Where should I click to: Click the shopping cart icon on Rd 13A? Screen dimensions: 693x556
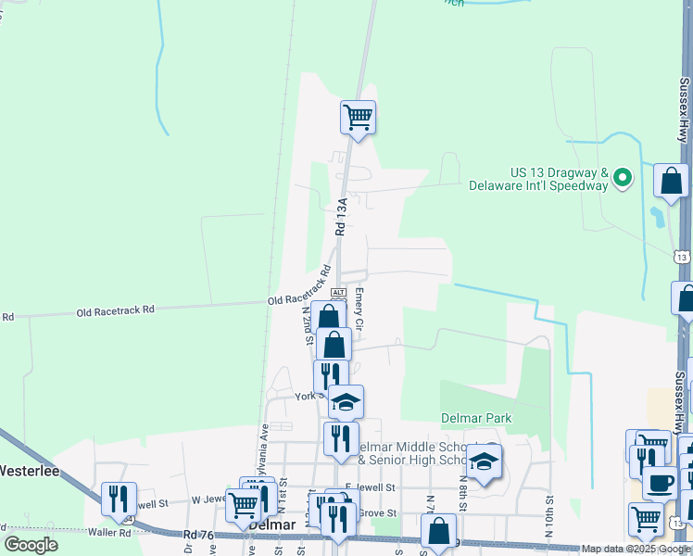coord(357,118)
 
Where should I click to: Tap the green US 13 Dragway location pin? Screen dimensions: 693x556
coord(624,176)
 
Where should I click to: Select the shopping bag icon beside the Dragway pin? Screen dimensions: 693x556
coord(671,182)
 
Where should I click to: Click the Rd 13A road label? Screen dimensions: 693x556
coord(341,217)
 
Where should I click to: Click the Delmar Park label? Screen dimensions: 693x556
coord(476,418)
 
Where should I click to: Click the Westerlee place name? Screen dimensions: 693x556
coord(30,471)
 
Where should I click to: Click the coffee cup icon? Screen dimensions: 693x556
coord(659,483)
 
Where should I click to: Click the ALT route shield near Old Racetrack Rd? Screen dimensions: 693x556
coord(338,292)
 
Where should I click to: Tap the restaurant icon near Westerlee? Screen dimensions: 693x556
coord(119,499)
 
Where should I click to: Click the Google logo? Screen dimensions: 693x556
coord(31,545)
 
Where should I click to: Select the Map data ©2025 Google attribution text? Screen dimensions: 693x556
coord(636,549)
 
